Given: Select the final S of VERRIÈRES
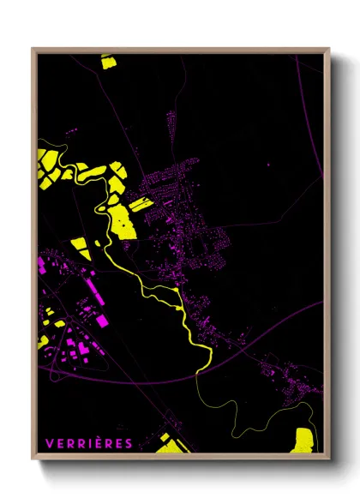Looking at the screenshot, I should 129,443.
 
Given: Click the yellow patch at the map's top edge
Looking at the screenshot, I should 107,61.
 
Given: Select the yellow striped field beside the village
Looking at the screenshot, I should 138,203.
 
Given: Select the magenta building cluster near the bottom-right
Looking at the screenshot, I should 287,386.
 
